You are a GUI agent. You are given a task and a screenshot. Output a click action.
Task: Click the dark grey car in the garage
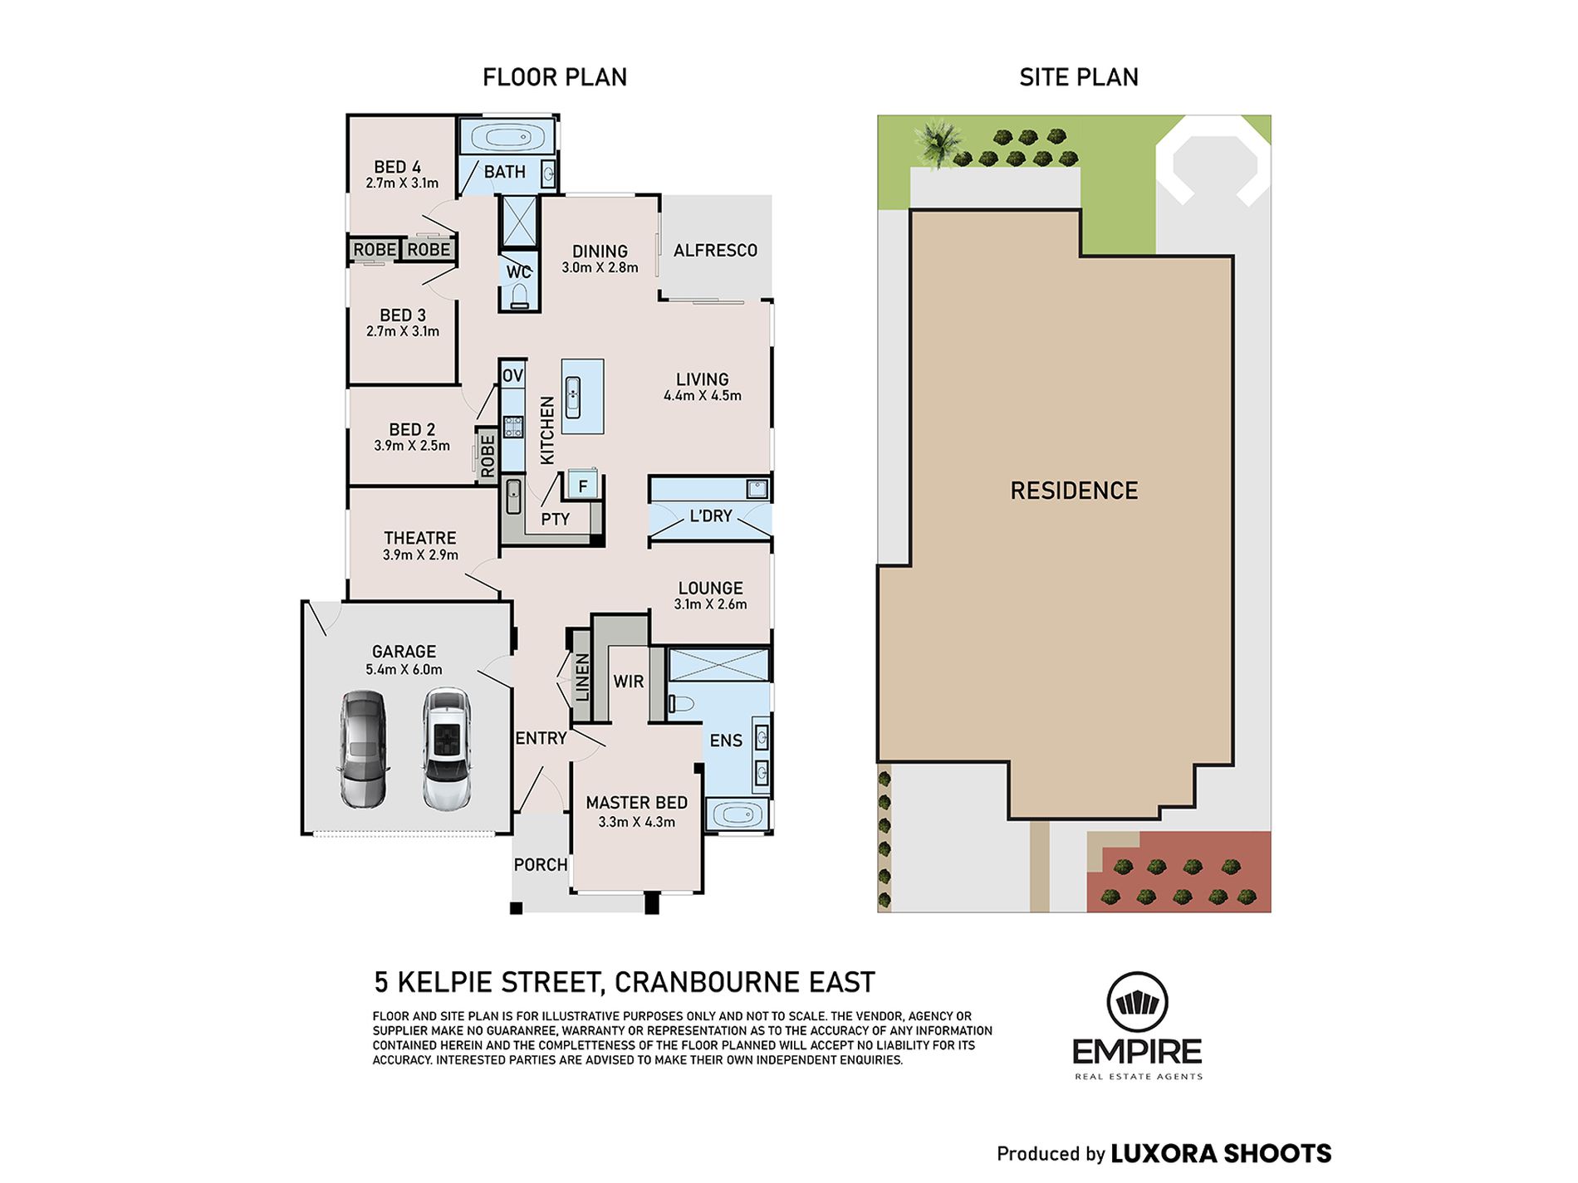coord(363,750)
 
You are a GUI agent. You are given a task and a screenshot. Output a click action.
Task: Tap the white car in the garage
coord(447,749)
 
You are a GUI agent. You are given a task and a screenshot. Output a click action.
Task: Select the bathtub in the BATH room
coord(507,137)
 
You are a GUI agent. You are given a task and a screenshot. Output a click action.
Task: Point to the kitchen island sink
coord(573,396)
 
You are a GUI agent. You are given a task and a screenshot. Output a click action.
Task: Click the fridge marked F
coord(583,486)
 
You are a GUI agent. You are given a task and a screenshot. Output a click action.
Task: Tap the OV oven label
coord(512,375)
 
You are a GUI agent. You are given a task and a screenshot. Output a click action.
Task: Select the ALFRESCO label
coord(715,250)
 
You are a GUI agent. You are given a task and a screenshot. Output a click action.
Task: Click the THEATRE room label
coord(420,538)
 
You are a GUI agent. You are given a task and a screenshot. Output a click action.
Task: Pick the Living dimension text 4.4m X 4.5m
coord(703,396)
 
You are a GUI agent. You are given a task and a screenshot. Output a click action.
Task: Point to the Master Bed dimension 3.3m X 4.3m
coord(637,822)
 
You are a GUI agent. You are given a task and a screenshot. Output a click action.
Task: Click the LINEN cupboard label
coord(582,677)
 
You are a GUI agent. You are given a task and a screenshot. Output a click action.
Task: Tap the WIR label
coord(629,682)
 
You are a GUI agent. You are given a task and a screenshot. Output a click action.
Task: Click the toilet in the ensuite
coord(680,703)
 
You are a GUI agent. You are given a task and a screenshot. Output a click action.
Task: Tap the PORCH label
coord(541,865)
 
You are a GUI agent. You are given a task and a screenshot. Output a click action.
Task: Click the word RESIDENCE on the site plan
coord(1074,491)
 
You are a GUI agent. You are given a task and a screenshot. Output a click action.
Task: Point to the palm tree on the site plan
coord(938,143)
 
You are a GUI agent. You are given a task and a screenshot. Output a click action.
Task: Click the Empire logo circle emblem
coord(1137,1003)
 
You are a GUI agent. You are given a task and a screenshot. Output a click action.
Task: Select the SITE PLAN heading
coord(1079,77)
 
